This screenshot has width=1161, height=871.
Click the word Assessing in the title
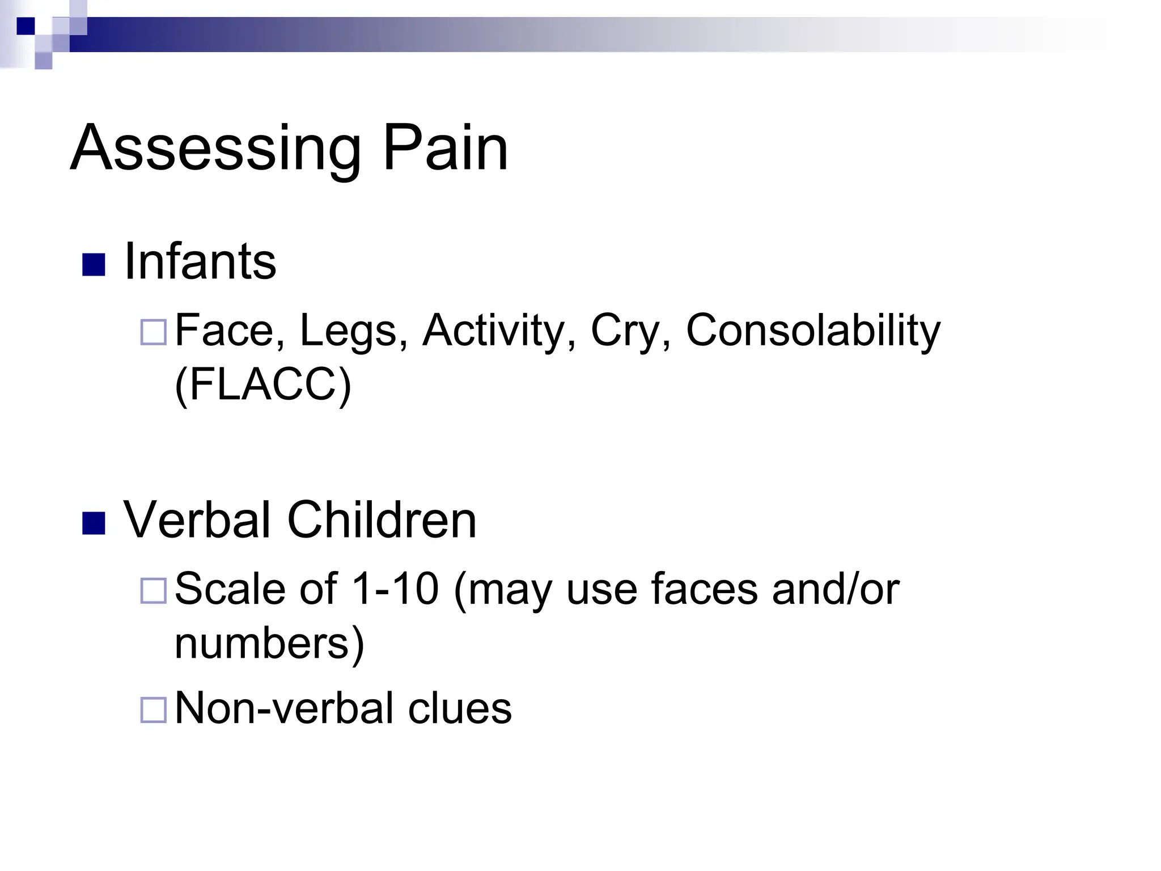[x=215, y=149]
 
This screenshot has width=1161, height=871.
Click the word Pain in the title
[x=446, y=149]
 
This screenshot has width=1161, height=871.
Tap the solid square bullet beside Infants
[x=94, y=264]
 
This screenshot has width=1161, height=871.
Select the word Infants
[x=200, y=261]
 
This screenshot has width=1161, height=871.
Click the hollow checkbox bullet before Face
[x=153, y=332]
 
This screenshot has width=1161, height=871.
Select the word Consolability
[x=813, y=330]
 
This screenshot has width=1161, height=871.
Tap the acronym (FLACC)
[x=263, y=384]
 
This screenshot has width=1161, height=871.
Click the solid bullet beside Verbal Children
[x=94, y=523]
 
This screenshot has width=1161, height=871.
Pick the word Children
[x=382, y=520]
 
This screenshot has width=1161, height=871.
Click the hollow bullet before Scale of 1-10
[x=153, y=591]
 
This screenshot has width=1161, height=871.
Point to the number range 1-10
[x=395, y=589]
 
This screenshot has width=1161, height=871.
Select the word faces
[x=704, y=589]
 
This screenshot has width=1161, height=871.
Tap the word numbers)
[x=269, y=643]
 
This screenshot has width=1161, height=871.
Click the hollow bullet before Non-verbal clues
[x=153, y=710]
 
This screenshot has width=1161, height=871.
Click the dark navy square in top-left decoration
[x=26, y=26]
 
